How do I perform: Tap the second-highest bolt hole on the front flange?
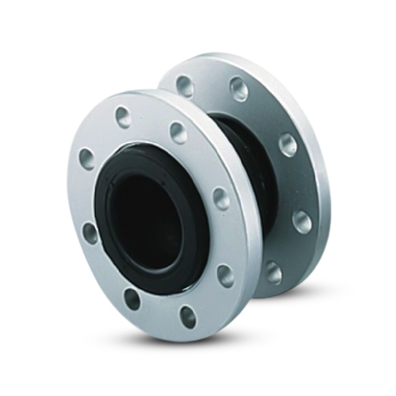pos(178,132)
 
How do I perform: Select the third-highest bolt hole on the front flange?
pos(87,159)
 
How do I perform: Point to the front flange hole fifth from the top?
pos(90,232)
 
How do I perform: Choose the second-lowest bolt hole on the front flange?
pos(132,298)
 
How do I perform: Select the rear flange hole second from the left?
pos(239,89)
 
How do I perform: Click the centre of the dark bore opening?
pos(148,216)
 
